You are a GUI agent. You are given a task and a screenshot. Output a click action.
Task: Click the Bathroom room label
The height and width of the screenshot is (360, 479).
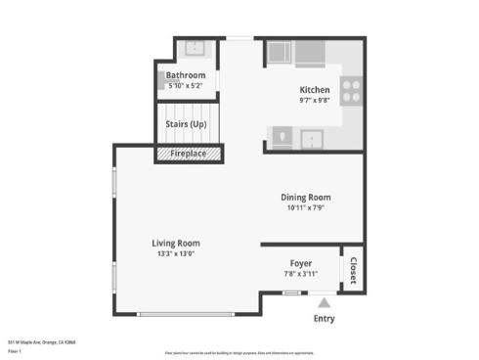[186, 75]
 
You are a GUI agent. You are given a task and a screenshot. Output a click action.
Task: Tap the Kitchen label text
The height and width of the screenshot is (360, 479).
[314, 89]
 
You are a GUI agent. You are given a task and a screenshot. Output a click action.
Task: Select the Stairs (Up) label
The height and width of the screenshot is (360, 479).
[186, 124]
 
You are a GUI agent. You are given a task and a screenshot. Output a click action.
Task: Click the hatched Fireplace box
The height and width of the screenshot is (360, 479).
[188, 154]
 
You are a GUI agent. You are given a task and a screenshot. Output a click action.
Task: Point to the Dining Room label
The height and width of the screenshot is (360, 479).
[306, 197]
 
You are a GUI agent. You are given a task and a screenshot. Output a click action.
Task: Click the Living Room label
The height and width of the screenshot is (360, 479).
[175, 243]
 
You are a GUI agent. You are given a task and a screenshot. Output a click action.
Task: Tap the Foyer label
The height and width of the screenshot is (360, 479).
[301, 263]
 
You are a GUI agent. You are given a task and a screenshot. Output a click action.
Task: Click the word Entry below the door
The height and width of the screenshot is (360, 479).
[325, 318]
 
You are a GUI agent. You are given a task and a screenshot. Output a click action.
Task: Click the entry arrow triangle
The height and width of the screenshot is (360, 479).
[325, 302]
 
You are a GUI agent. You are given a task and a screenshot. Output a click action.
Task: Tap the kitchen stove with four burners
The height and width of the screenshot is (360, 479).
[352, 90]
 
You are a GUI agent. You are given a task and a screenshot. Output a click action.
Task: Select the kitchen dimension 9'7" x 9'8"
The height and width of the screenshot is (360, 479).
[314, 100]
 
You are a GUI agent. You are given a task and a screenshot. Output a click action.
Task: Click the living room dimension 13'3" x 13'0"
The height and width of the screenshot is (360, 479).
[175, 253]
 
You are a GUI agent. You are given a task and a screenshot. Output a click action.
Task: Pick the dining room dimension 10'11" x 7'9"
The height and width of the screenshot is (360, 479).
[306, 207]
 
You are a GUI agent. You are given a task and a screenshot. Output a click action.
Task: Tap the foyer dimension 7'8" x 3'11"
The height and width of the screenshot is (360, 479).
[301, 274]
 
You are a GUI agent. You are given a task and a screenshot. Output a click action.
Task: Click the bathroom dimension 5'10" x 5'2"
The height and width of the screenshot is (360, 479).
[186, 85]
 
